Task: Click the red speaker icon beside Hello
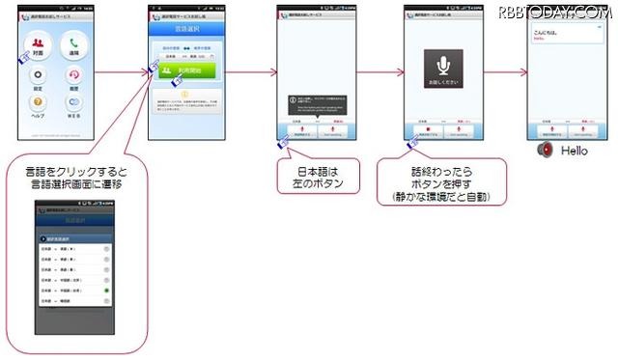point(545,151)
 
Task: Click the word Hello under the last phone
point(574,152)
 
